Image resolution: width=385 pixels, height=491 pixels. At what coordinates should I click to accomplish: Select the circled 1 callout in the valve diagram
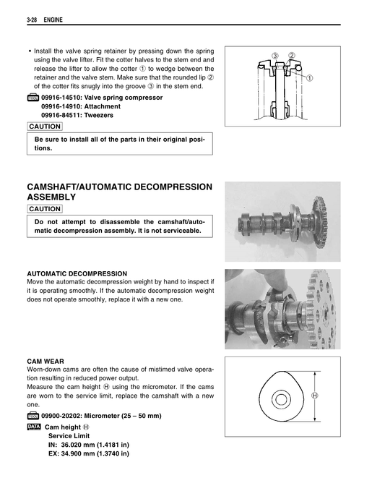point(310,78)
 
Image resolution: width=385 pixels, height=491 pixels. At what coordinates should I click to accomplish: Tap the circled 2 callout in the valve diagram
point(292,56)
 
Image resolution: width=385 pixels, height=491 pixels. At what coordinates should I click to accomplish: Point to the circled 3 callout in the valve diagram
point(275,56)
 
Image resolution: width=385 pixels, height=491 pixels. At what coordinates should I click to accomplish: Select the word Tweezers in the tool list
point(99,114)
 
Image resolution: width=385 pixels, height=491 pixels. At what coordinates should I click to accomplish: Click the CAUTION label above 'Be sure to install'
point(44,127)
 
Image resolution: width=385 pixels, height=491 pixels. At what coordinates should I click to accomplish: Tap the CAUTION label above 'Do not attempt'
point(44,208)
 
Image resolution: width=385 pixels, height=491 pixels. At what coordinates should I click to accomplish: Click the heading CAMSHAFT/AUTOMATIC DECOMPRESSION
point(119,187)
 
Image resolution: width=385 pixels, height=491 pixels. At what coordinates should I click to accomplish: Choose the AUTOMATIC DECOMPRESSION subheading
point(77,273)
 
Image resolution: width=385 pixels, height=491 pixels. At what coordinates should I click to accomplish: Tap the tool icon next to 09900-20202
point(33,416)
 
